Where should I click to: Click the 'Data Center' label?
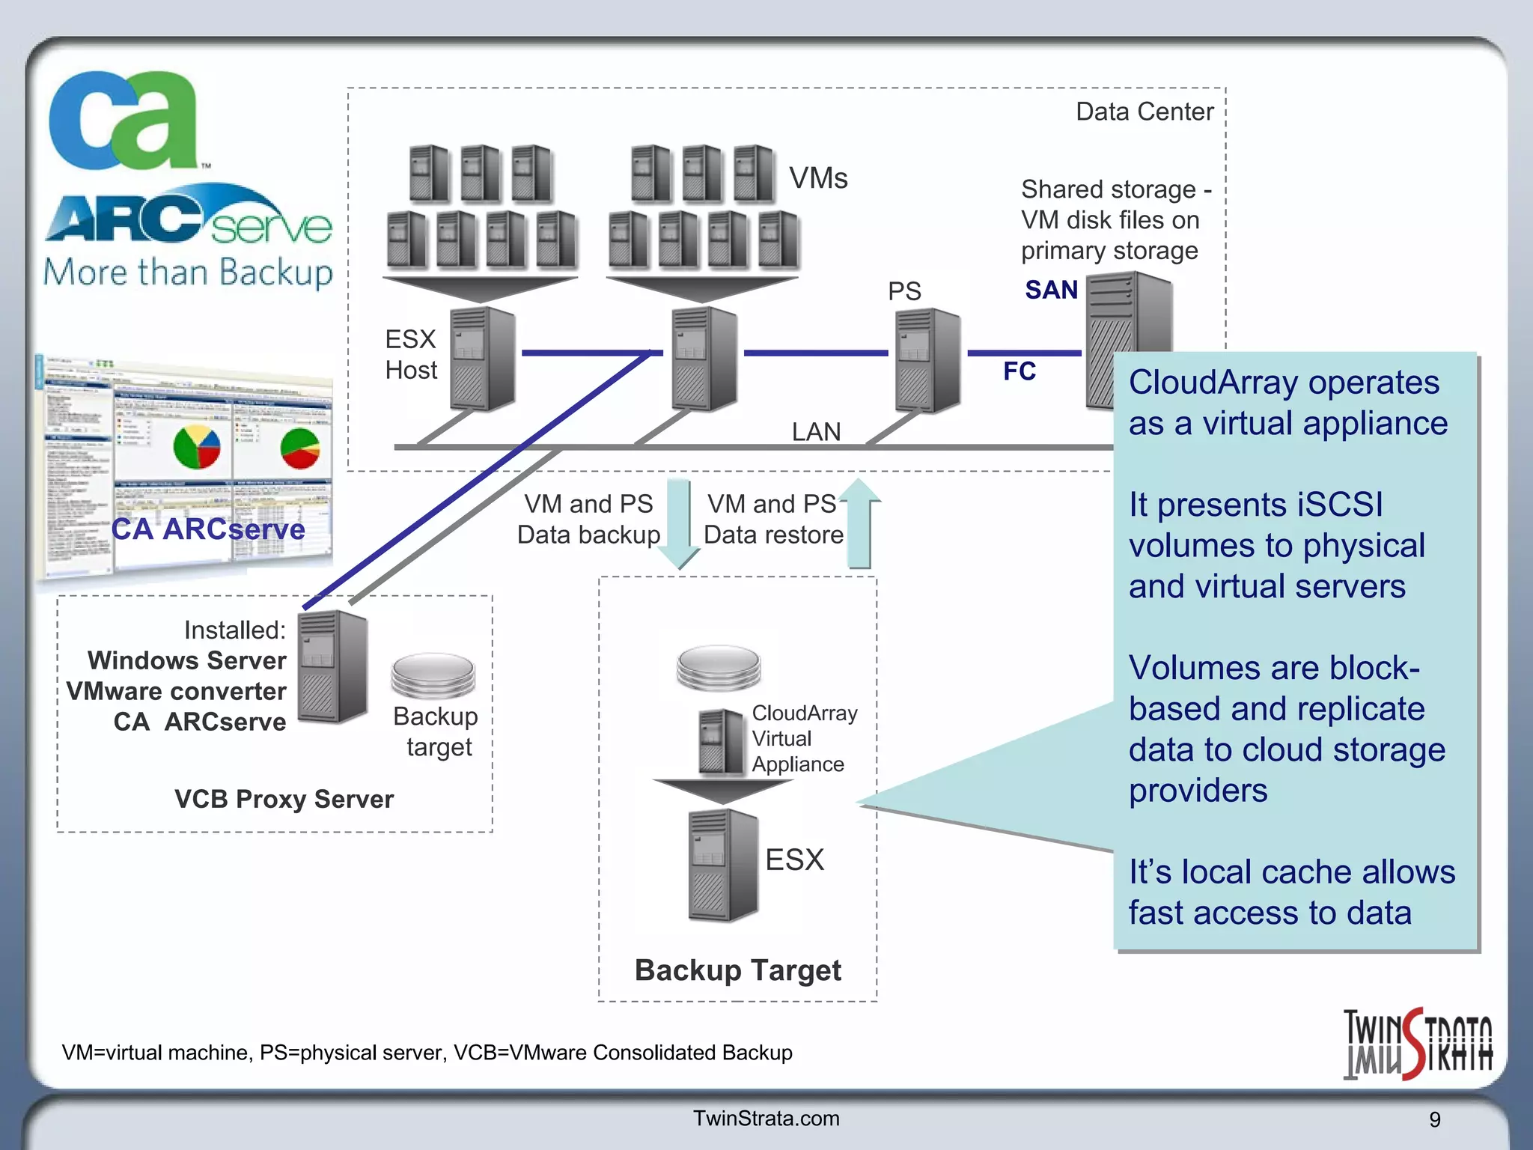[x=1144, y=112]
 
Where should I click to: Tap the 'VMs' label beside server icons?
[x=818, y=178]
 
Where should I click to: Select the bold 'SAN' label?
[x=1051, y=290]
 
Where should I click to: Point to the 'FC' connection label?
[x=1019, y=371]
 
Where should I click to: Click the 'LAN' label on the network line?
[x=816, y=431]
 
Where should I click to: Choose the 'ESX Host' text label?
[x=410, y=354]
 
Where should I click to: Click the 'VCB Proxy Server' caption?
[x=284, y=799]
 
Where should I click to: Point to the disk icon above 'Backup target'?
[x=433, y=673]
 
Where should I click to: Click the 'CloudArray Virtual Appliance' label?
[x=803, y=738]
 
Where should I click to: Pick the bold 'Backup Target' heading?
[x=737, y=970]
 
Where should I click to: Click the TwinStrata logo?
[x=1417, y=1044]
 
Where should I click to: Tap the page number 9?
[x=1434, y=1119]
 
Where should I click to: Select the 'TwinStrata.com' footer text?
[x=766, y=1118]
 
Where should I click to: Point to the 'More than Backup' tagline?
[x=188, y=273]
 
